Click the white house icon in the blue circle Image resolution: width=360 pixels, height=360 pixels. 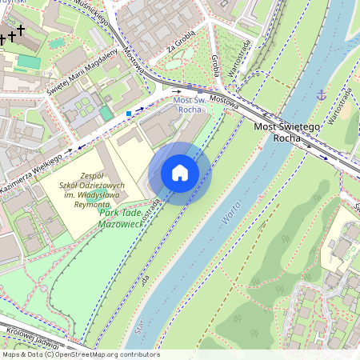(180, 173)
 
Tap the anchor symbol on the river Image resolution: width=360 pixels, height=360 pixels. (322, 95)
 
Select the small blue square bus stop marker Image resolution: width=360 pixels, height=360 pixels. (129, 114)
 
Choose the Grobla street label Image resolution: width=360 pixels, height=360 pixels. (215, 65)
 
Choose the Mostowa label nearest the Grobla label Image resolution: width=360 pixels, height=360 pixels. (225, 101)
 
